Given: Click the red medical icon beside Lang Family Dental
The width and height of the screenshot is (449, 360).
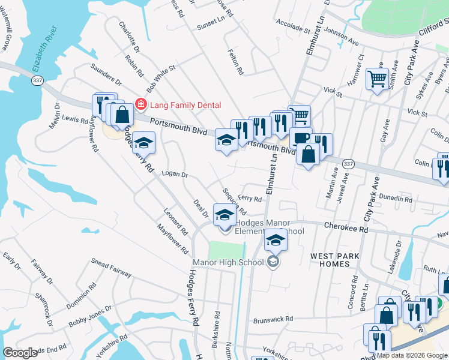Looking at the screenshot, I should click(142, 105).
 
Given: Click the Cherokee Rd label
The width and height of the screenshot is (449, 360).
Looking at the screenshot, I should click(346, 226).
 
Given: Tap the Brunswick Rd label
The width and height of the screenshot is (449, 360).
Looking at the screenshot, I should click(273, 319).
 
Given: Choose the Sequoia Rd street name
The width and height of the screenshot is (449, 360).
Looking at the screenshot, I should click(234, 202).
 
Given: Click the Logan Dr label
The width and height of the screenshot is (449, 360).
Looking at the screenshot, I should click(175, 175).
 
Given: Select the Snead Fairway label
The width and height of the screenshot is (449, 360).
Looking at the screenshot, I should click(111, 268).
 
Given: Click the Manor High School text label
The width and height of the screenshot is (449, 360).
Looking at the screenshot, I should click(228, 262).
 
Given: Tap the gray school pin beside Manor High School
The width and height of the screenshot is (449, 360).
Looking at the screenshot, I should click(273, 262).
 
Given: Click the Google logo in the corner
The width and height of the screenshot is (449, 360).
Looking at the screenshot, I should click(20, 353).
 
